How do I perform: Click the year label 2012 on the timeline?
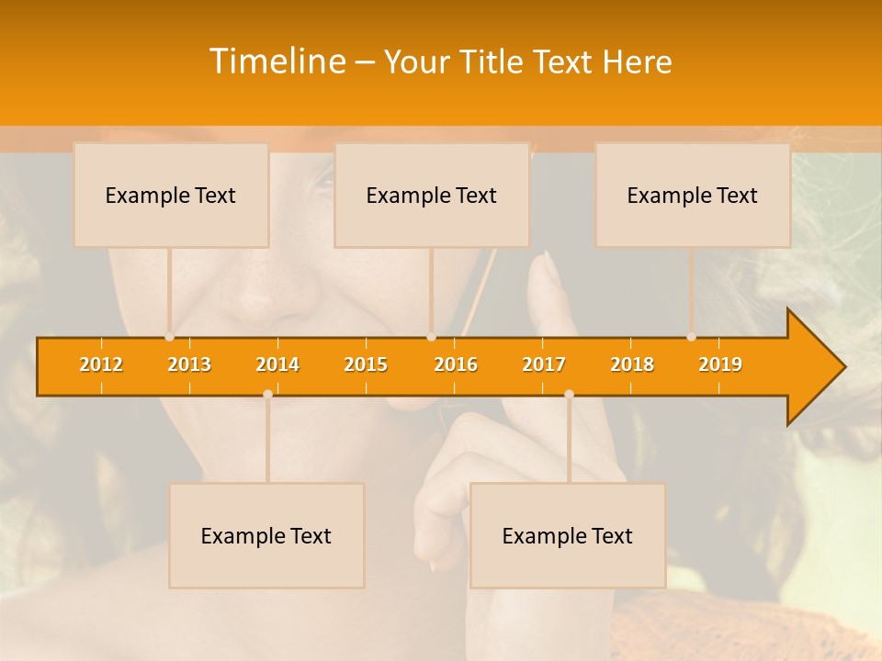pos(101,364)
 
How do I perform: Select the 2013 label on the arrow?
pos(189,364)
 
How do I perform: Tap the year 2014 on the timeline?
pos(277,364)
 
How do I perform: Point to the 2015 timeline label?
pos(366,364)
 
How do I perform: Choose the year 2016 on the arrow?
pos(456,364)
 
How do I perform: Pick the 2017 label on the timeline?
pos(544,364)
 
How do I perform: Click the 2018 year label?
pos(632,364)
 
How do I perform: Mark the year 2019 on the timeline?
pos(720,364)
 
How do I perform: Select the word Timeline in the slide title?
pos(276,62)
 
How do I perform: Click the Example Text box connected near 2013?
pos(171,195)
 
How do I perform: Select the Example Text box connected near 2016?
pos(432,195)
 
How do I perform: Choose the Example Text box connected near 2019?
pos(693,195)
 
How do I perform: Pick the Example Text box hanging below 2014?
pos(266,535)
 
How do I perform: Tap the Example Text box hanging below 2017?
pos(568,535)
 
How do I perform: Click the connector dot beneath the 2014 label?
pos(267,395)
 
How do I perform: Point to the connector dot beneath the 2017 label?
pos(569,395)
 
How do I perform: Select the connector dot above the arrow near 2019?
pos(692,337)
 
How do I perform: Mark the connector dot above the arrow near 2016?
pos(431,337)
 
